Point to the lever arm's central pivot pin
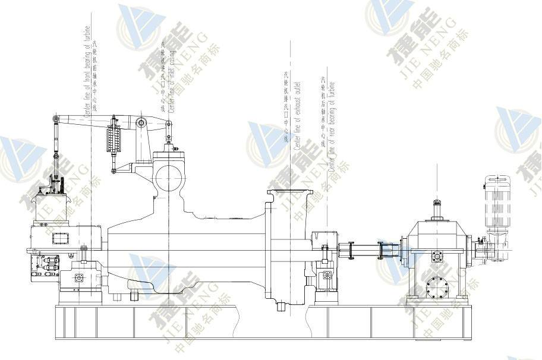click(x=141, y=123)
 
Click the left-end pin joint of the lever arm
click(x=55, y=121)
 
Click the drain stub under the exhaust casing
click(x=280, y=307)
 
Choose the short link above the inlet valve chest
click(x=169, y=134)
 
